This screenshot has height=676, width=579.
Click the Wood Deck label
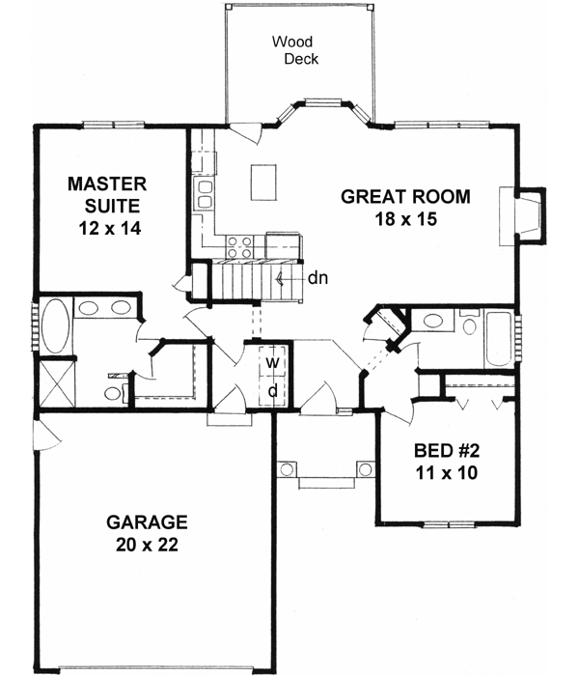coord(295,50)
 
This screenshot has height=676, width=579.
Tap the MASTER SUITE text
coord(106,194)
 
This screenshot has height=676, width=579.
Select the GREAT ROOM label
coord(405,197)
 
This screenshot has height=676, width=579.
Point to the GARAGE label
coord(146,522)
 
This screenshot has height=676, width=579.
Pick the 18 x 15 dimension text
coord(406,219)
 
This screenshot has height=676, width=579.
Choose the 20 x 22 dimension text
coord(146,545)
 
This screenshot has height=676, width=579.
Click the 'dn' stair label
coord(318,278)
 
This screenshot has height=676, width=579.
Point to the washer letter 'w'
coord(273,362)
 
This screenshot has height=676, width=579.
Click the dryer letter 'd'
coord(273,390)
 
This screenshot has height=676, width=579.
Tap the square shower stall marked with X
coord(56,383)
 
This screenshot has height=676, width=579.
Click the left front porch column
coord(287,469)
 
